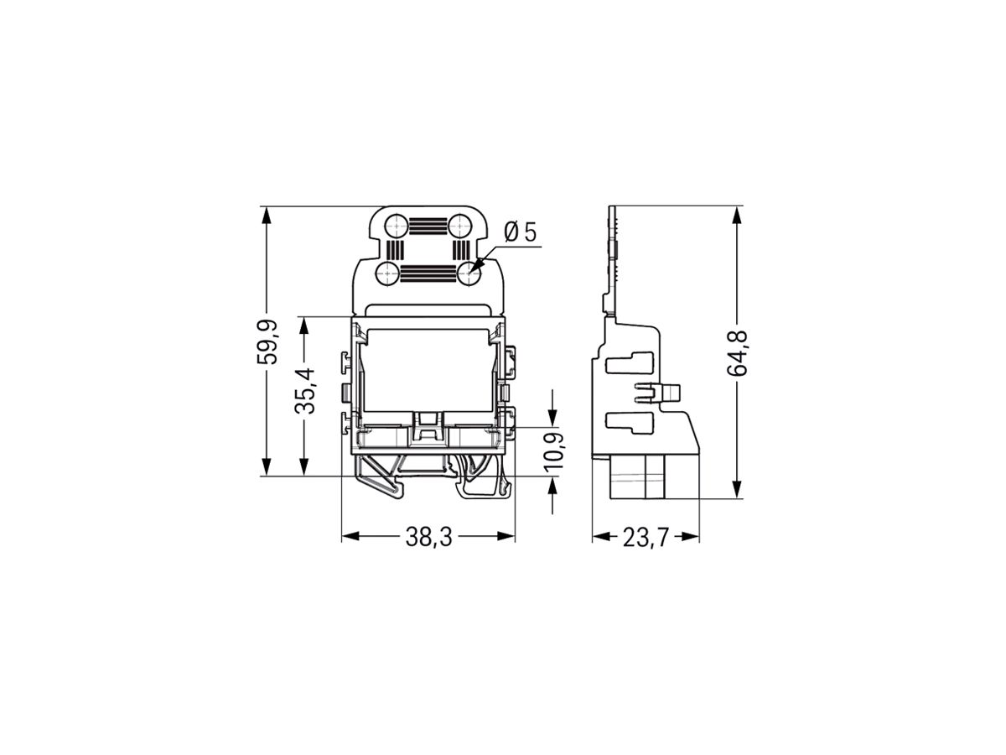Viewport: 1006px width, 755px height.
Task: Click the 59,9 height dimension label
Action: [x=267, y=341]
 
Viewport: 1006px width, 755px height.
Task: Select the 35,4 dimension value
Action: [x=305, y=391]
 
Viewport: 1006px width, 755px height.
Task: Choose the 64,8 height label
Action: [x=742, y=352]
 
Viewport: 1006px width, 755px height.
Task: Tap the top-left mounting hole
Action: [x=394, y=226]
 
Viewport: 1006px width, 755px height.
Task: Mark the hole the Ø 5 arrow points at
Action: [x=471, y=271]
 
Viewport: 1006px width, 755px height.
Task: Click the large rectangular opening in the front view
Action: [x=428, y=369]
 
